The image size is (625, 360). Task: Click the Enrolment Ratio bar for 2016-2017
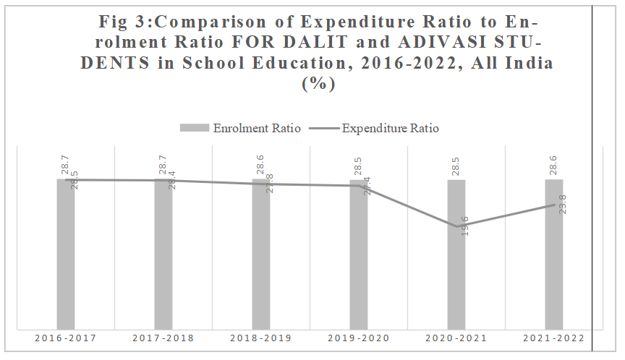(x=66, y=253)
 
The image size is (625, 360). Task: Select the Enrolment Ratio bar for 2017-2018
(x=163, y=253)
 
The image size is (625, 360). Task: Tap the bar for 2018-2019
(x=261, y=253)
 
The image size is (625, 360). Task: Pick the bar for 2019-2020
(x=359, y=253)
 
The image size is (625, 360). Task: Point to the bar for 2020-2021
(x=456, y=253)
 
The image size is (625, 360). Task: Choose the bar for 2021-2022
(x=554, y=253)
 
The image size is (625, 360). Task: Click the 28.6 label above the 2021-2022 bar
(x=553, y=165)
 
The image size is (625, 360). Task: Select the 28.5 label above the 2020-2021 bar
(x=456, y=165)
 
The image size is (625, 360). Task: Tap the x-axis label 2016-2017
(x=66, y=338)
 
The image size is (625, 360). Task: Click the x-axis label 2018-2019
(x=261, y=338)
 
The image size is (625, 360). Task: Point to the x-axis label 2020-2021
(x=456, y=338)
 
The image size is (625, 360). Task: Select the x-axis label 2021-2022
(x=554, y=338)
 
